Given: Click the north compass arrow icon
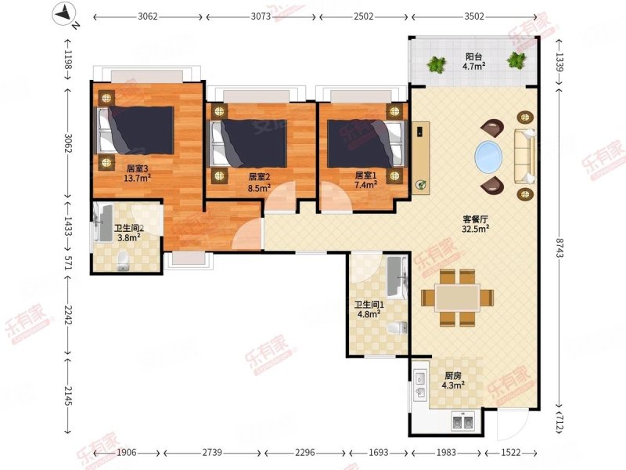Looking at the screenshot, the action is (x=65, y=14).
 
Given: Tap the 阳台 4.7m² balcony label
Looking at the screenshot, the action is (x=474, y=61).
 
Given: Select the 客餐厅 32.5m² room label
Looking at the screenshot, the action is (x=476, y=224).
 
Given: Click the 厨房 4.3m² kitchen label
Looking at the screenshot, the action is (x=453, y=381).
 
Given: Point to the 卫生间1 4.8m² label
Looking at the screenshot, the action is (x=369, y=309).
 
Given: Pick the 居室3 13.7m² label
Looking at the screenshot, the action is (x=138, y=173).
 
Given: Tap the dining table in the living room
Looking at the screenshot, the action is (x=458, y=298).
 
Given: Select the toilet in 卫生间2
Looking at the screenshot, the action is (x=124, y=261).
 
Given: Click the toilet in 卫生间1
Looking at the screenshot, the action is (x=398, y=327).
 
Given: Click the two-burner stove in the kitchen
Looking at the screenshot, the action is (x=463, y=421).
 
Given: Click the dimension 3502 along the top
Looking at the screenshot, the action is (x=474, y=16).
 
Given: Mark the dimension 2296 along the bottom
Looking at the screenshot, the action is (x=304, y=453).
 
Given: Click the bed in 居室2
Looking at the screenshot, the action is (x=248, y=143).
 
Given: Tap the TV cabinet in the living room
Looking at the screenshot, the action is (x=421, y=158).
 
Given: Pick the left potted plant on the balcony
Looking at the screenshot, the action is (x=437, y=64).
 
